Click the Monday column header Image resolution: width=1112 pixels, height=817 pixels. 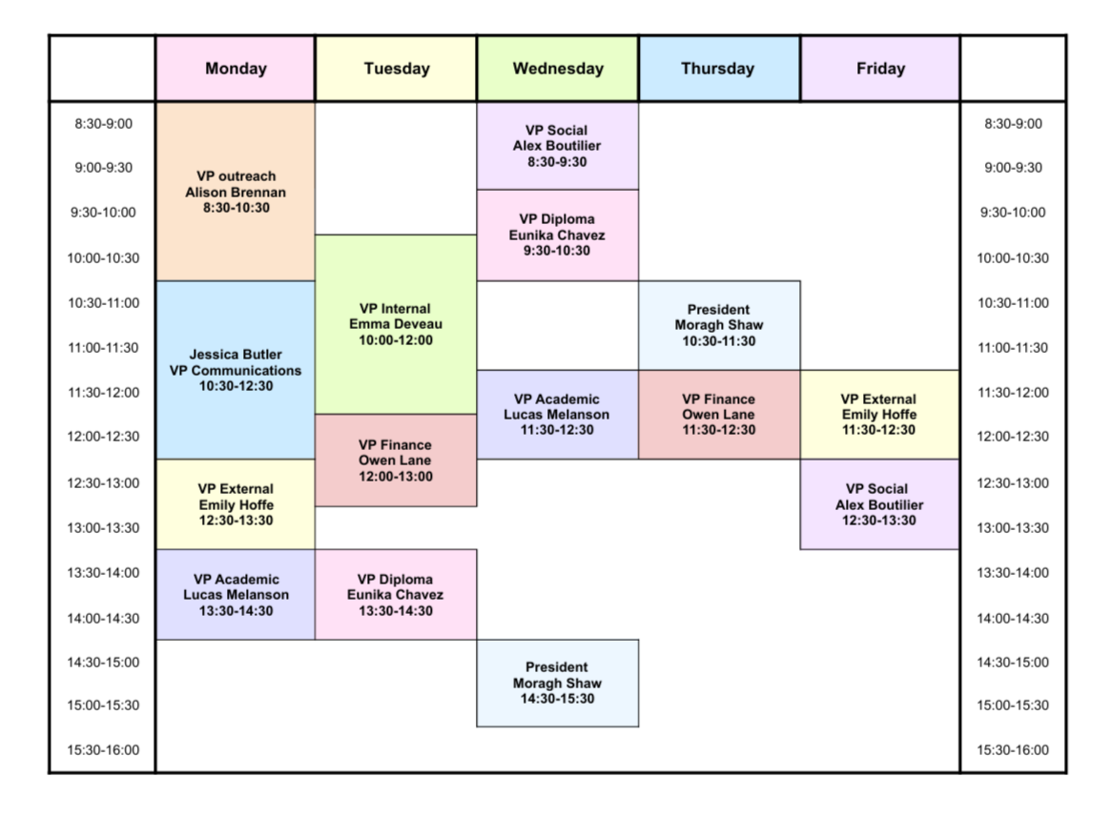[236, 69]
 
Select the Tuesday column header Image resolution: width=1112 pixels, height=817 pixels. [396, 69]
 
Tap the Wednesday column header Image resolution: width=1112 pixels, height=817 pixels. [558, 69]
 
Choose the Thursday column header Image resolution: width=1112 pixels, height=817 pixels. [719, 69]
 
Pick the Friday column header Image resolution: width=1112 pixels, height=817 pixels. [880, 69]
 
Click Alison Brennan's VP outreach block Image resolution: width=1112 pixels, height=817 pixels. [236, 192]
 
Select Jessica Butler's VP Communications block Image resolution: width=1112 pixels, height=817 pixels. [236, 370]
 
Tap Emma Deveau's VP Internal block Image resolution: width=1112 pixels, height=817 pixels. [396, 324]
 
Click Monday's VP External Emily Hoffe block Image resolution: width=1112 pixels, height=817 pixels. [236, 504]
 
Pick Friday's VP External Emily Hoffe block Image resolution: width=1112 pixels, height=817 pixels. [879, 415]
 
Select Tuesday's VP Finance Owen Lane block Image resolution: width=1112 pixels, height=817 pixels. [396, 460]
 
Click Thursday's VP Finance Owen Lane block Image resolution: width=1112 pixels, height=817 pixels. [719, 415]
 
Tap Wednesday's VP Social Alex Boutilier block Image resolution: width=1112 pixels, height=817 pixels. [558, 146]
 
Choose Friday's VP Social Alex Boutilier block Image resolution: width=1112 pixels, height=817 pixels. [879, 504]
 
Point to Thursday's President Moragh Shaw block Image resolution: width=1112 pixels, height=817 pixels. [719, 325]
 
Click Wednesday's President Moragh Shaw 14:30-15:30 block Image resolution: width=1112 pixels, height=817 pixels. [558, 683]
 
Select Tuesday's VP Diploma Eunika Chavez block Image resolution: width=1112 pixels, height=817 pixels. [396, 594]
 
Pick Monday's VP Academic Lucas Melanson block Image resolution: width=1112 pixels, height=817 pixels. [236, 594]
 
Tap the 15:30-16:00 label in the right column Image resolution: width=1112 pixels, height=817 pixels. [1013, 750]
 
